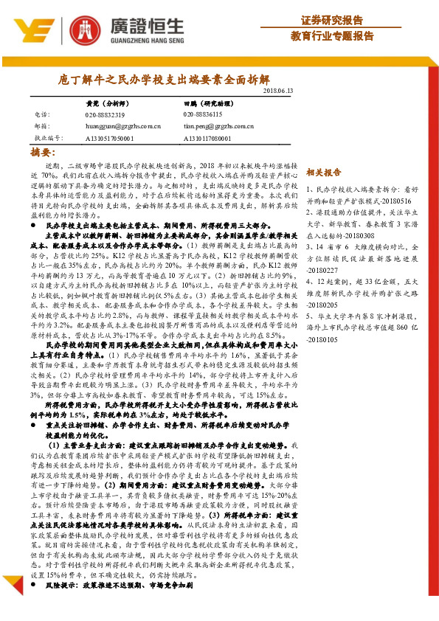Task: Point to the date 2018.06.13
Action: point(277,90)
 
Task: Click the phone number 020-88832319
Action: point(106,115)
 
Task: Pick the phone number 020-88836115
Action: point(201,115)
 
